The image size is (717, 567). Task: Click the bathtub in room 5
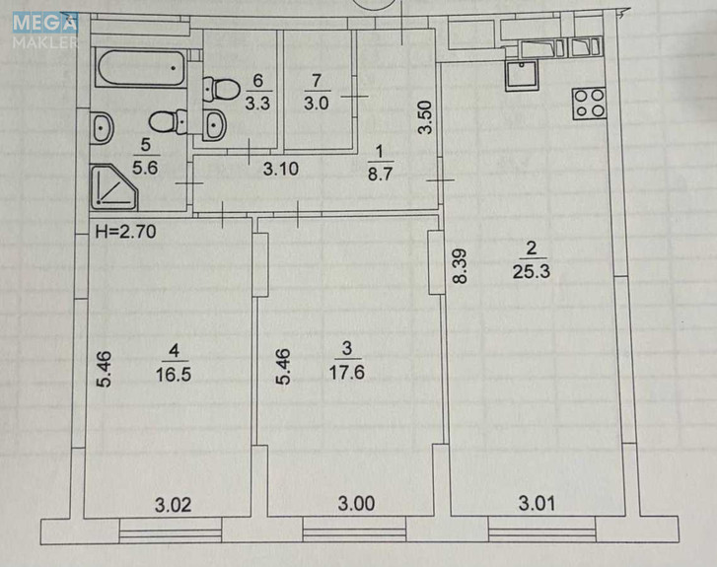point(141,68)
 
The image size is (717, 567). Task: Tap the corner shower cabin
point(113,187)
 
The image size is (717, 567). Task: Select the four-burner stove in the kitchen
point(589,104)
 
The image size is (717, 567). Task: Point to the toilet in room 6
point(221,89)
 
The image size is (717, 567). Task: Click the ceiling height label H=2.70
point(126,232)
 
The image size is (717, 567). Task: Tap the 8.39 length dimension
point(460,266)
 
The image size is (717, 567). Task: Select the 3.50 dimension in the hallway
point(425,117)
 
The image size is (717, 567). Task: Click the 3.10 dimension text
point(281,169)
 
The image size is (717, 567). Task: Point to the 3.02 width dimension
point(173,505)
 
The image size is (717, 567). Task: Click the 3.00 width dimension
point(356,504)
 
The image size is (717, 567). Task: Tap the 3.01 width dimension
point(537,504)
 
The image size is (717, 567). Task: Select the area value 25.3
point(531,271)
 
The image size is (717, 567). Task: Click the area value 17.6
point(346,372)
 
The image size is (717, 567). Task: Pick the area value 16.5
point(174,374)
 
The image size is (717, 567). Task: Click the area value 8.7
point(380,175)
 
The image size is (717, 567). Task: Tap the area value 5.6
point(145,168)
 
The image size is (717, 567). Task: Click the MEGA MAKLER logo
point(44,31)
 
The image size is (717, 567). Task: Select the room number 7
point(317,81)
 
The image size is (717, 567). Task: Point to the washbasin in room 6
point(214,125)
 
